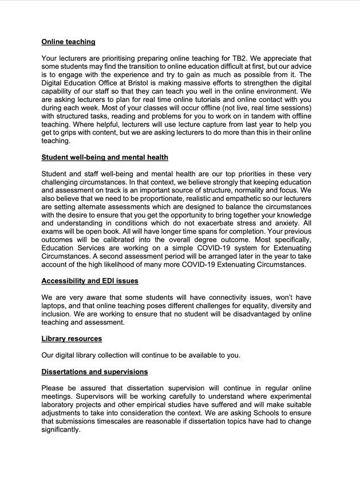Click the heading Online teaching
(x=68, y=42)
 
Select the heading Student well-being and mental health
(x=105, y=157)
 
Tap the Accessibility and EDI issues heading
(x=90, y=281)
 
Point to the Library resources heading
(x=72, y=339)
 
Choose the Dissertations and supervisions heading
(x=94, y=372)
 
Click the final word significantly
(x=61, y=430)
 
